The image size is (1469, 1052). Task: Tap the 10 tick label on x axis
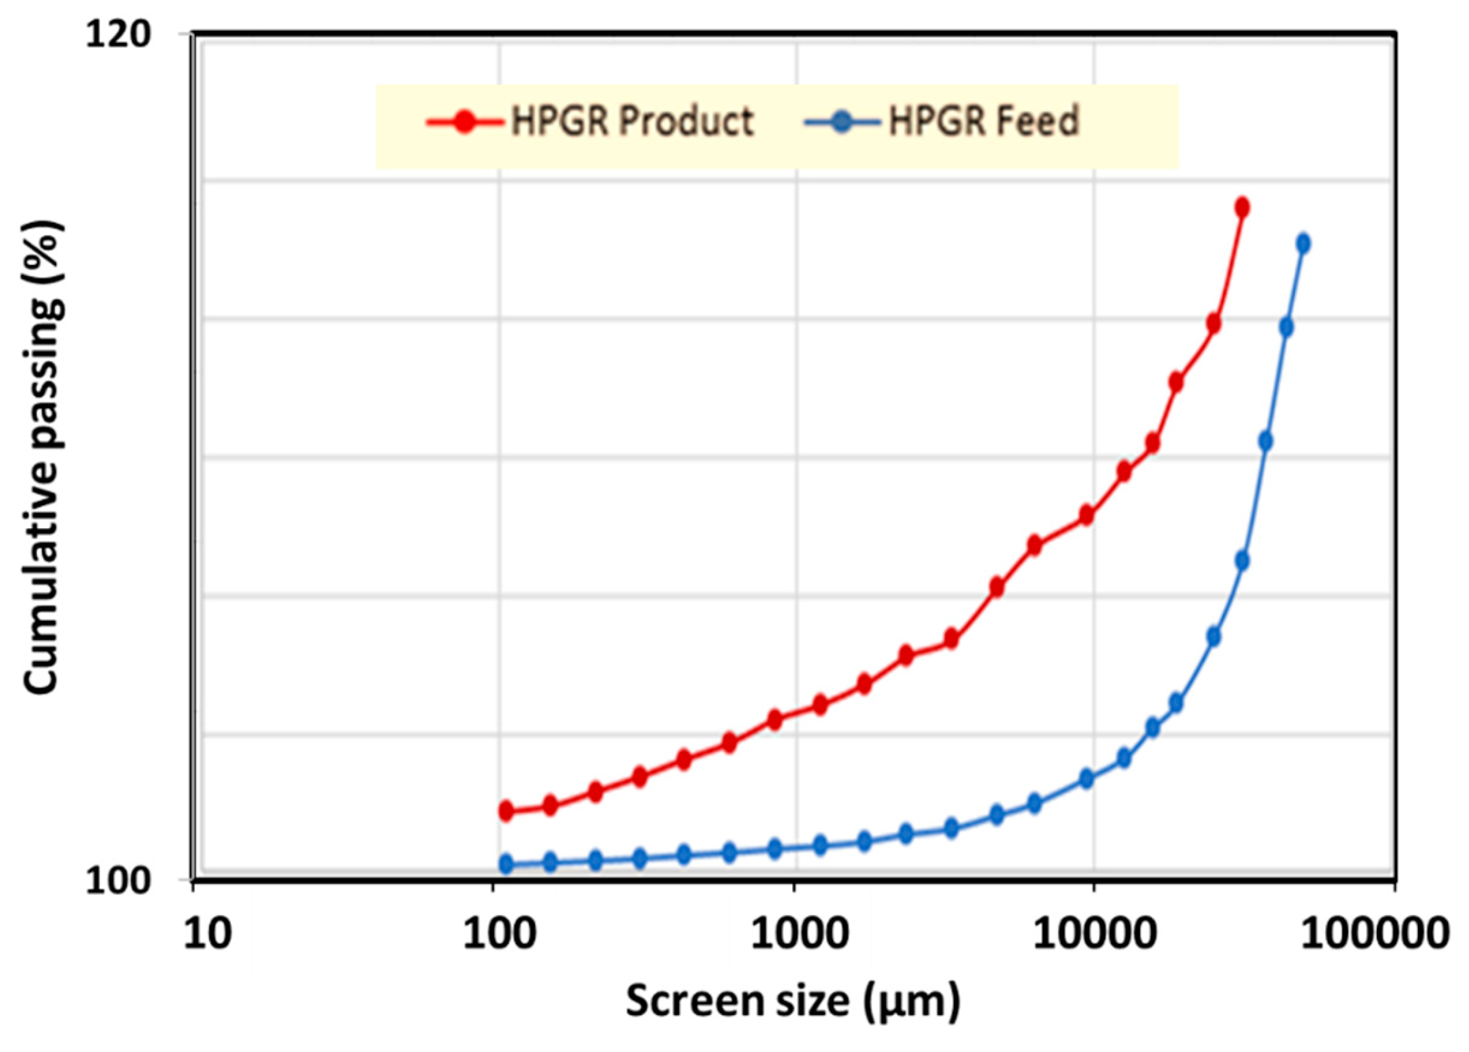[x=208, y=936]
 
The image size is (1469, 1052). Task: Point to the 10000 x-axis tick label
[x=1094, y=936]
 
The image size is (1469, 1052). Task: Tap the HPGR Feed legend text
[x=984, y=121]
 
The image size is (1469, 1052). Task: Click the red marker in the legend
[x=464, y=122]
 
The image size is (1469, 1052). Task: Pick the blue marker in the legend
[x=843, y=122]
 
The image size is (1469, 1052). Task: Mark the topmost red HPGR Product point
[x=1242, y=208]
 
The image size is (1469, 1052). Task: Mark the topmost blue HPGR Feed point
[x=1304, y=243]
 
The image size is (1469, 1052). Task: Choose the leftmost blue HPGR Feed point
[x=507, y=864]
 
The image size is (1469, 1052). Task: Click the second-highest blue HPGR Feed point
[x=1286, y=327]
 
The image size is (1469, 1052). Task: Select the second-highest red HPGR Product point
[x=1214, y=323]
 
